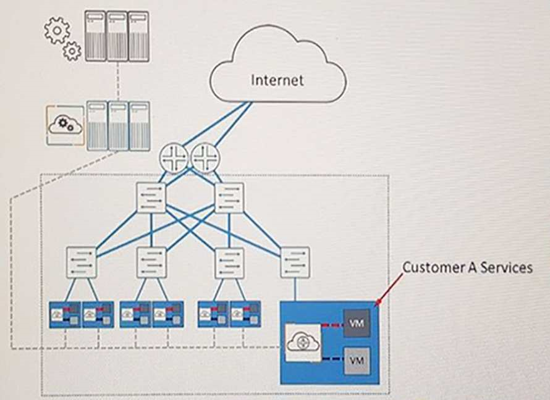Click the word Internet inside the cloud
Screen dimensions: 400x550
point(277,80)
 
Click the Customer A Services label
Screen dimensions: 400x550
point(467,267)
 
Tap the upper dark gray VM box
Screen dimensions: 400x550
point(357,323)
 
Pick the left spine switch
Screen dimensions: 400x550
point(151,198)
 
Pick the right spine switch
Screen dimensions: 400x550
point(229,198)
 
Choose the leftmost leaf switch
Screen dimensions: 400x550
point(82,262)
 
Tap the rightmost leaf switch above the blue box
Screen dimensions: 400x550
point(295,262)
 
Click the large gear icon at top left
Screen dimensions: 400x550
point(57,30)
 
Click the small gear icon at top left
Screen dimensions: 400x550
point(72,51)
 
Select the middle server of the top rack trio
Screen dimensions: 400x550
point(117,35)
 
